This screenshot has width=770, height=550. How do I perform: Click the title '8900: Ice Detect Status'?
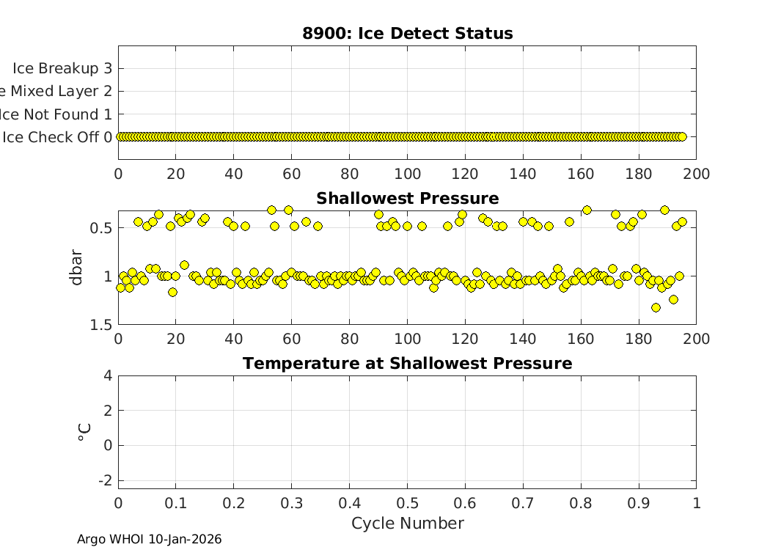pyautogui.click(x=407, y=34)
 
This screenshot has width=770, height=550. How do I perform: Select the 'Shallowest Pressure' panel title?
pyautogui.click(x=407, y=199)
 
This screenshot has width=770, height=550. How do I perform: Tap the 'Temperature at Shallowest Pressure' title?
pyautogui.click(x=407, y=364)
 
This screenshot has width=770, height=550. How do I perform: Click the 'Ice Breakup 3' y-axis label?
pyautogui.click(x=62, y=68)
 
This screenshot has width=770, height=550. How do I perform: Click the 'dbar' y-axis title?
pyautogui.click(x=76, y=268)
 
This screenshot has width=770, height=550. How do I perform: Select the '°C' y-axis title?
pyautogui.click(x=84, y=432)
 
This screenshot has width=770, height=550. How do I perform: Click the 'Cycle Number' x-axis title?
pyautogui.click(x=407, y=524)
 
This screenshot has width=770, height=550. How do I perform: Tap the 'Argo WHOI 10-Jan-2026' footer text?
pyautogui.click(x=149, y=540)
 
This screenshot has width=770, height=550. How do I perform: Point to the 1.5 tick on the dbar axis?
pyautogui.click(x=101, y=325)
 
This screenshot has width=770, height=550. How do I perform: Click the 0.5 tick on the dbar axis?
pyautogui.click(x=101, y=228)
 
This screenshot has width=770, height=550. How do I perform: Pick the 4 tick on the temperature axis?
pyautogui.click(x=108, y=375)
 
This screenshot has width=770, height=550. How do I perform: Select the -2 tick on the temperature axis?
pyautogui.click(x=105, y=480)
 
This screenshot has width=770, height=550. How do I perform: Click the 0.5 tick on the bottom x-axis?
pyautogui.click(x=407, y=504)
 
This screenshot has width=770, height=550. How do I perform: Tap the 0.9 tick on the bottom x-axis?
pyautogui.click(x=638, y=504)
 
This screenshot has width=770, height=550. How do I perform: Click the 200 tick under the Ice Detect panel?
pyautogui.click(x=696, y=174)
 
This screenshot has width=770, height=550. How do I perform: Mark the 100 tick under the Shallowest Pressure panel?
pyautogui.click(x=407, y=339)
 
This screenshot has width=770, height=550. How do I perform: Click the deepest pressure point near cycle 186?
pyautogui.click(x=656, y=308)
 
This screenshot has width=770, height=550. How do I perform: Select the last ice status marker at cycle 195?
pyautogui.click(x=682, y=136)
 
